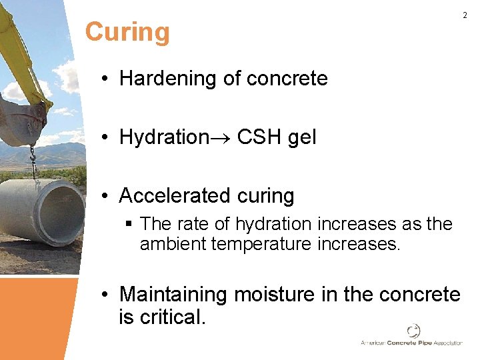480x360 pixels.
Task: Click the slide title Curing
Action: pyautogui.click(x=127, y=32)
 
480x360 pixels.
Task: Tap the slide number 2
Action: pyautogui.click(x=465, y=15)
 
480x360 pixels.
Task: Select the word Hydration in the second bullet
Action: pyautogui.click(x=164, y=137)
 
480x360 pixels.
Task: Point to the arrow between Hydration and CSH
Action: pyautogui.click(x=221, y=138)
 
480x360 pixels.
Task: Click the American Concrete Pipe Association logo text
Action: pyautogui.click(x=411, y=343)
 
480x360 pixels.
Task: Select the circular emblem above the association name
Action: pyautogui.click(x=413, y=331)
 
